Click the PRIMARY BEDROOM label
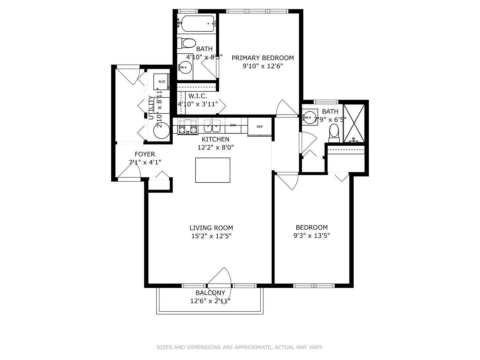point(263,58)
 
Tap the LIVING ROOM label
point(211,228)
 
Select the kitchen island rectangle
point(213,170)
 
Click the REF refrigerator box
point(260,127)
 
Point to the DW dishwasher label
point(233,125)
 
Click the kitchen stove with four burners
point(187,127)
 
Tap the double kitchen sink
point(212,126)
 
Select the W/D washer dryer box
point(162,82)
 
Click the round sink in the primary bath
point(185,67)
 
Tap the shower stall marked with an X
point(354,123)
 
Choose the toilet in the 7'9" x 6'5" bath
point(334,132)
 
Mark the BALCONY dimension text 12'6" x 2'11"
point(210,301)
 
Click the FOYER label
point(145,154)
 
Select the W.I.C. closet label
point(197,96)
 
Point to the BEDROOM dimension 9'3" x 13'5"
point(312,236)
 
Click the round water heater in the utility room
point(161,131)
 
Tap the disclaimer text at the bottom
point(240,347)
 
